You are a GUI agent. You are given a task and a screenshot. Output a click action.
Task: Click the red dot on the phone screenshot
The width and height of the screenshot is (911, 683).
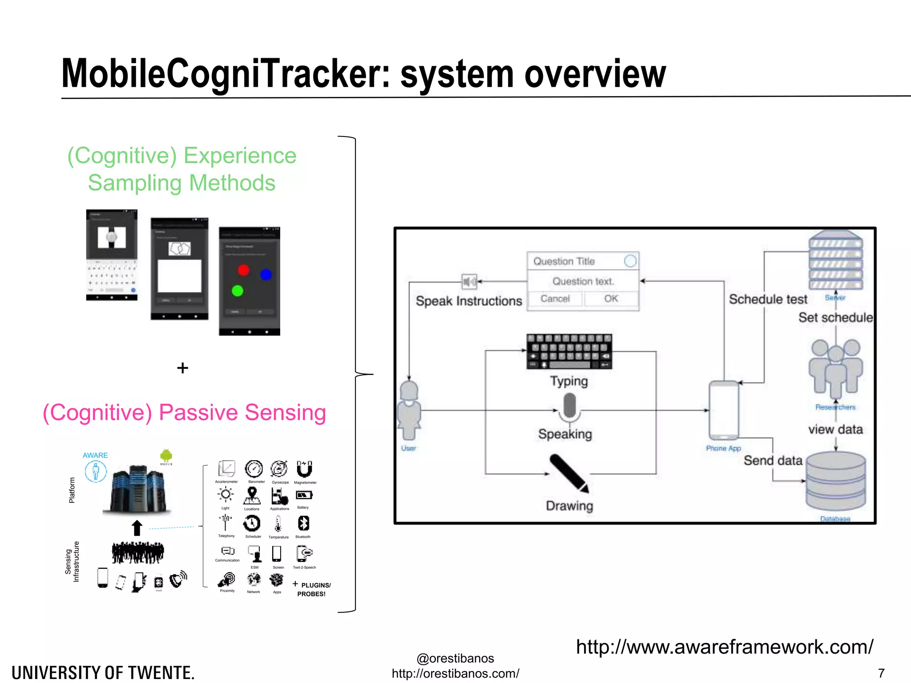tap(243, 270)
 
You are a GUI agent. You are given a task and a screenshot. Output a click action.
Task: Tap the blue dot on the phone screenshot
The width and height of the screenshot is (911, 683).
tap(266, 274)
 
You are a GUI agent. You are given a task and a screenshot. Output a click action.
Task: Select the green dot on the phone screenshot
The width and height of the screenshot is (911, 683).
tap(238, 291)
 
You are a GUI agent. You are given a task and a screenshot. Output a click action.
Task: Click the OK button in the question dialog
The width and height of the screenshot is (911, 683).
tap(611, 298)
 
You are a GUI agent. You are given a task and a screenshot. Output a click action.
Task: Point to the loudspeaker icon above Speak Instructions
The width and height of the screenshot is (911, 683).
tap(469, 281)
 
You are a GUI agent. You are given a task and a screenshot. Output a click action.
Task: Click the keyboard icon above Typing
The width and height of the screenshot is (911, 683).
tap(569, 351)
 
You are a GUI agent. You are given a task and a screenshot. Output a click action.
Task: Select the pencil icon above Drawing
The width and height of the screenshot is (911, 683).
tap(569, 473)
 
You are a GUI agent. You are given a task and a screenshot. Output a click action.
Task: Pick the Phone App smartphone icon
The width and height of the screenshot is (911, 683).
tap(724, 410)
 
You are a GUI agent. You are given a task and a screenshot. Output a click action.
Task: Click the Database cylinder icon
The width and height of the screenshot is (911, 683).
tap(835, 482)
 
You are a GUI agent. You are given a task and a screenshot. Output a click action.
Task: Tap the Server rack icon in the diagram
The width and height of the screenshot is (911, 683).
tap(835, 260)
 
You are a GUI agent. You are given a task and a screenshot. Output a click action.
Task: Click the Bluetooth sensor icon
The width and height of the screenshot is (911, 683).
tap(303, 523)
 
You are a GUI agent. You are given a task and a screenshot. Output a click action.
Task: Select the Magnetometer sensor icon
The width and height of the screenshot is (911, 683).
tap(305, 469)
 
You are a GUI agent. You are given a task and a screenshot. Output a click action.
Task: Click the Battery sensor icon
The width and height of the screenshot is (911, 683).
tap(304, 495)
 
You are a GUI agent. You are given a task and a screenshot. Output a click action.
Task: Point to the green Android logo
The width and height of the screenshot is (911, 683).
tap(166, 455)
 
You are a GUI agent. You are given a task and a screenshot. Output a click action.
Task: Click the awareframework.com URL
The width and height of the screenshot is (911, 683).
tap(724, 647)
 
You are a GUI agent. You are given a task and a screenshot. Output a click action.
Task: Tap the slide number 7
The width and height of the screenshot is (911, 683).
tap(881, 672)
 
